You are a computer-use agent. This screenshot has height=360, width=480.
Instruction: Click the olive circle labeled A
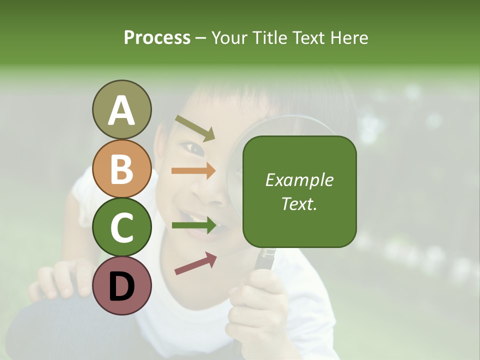121,110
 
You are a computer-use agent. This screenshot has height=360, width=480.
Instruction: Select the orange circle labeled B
121,168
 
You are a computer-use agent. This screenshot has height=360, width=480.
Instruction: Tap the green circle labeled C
121,227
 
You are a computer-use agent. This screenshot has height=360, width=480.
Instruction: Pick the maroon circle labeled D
121,285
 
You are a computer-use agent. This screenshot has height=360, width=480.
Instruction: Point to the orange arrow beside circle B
193,171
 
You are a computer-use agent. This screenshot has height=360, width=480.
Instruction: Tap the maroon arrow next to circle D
195,263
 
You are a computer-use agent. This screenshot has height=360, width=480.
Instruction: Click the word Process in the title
157,38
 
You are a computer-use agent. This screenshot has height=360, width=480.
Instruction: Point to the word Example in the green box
299,180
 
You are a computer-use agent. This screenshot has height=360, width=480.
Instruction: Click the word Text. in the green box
299,203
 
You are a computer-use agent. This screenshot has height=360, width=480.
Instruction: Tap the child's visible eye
194,148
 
